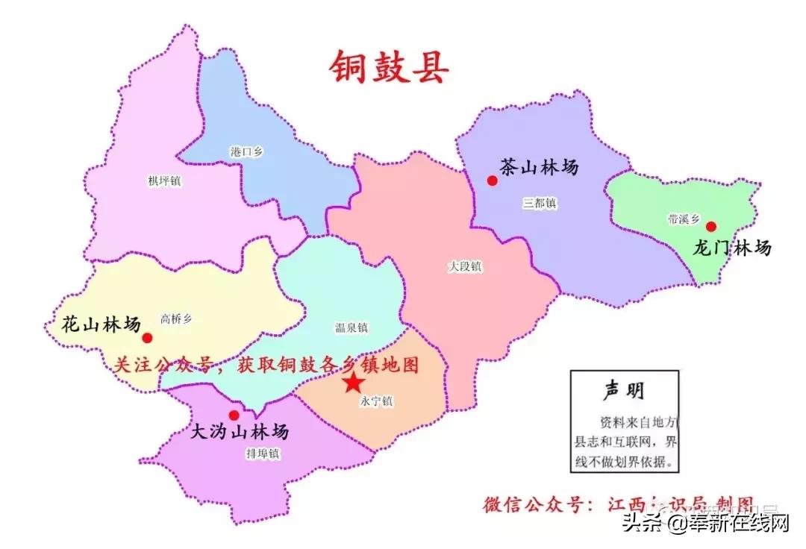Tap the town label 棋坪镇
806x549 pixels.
point(164,181)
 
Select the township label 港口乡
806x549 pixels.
point(246,151)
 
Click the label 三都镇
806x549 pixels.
point(540,204)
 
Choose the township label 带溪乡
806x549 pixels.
point(684,219)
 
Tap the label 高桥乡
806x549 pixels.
point(176,319)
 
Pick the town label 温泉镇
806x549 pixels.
point(351,327)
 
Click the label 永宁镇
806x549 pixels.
point(376,401)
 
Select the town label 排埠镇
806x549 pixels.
point(262,453)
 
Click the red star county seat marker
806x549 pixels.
point(353,383)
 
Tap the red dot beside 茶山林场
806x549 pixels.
point(492,180)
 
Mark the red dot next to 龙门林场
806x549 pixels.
point(710,227)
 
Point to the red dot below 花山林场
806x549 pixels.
point(147,338)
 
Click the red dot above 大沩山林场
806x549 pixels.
point(234,415)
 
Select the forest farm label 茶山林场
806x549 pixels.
point(539,167)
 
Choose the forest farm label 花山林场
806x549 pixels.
point(101,324)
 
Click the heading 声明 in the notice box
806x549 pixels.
point(623,390)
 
